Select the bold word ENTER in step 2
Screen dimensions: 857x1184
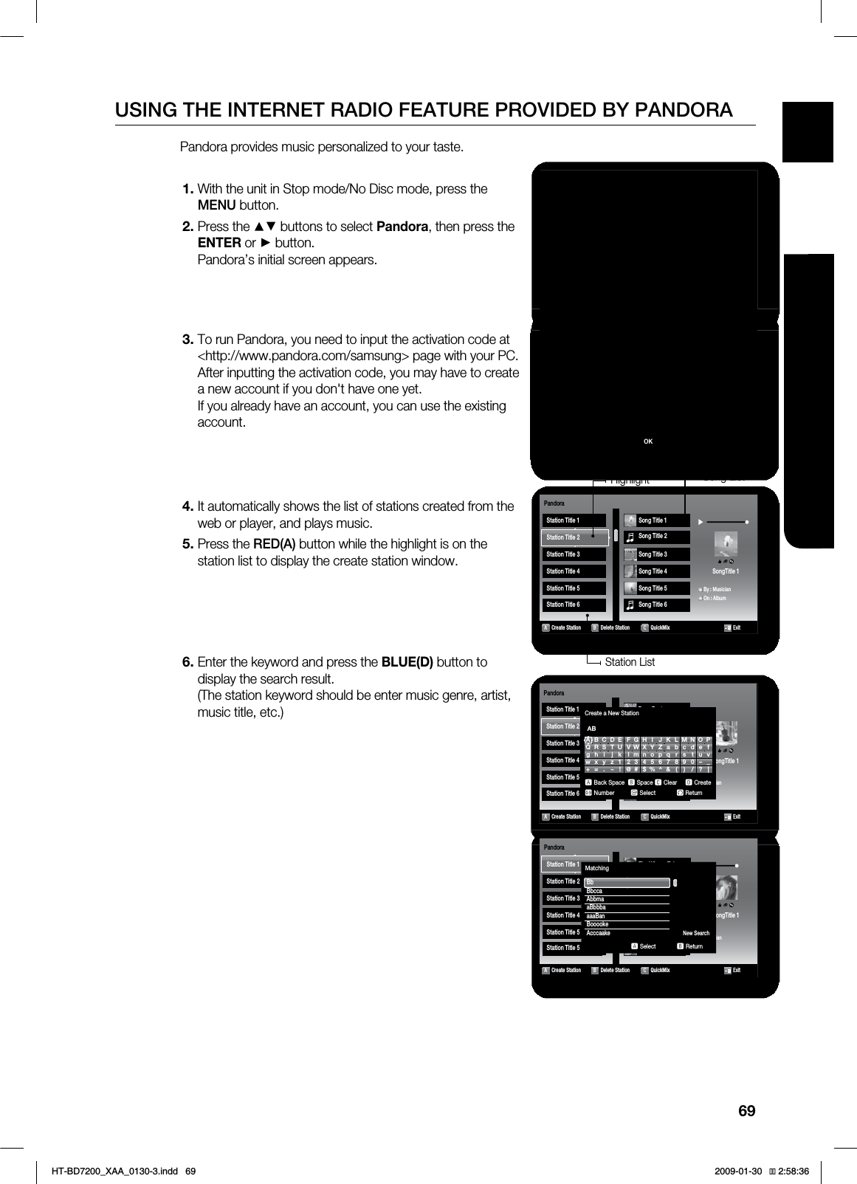pos(218,243)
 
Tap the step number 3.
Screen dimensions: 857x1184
pos(187,340)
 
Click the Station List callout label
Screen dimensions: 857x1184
pos(629,662)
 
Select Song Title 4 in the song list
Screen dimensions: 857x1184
pos(653,571)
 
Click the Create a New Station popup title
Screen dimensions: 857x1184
pos(612,713)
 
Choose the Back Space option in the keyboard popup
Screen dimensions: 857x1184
pos(609,782)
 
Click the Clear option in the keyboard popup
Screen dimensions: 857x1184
pos(670,782)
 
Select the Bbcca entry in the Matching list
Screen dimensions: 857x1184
pos(594,891)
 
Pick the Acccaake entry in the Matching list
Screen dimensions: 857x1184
pos(599,933)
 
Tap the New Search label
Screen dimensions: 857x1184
pos(695,933)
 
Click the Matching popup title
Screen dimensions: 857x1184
pos(597,868)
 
